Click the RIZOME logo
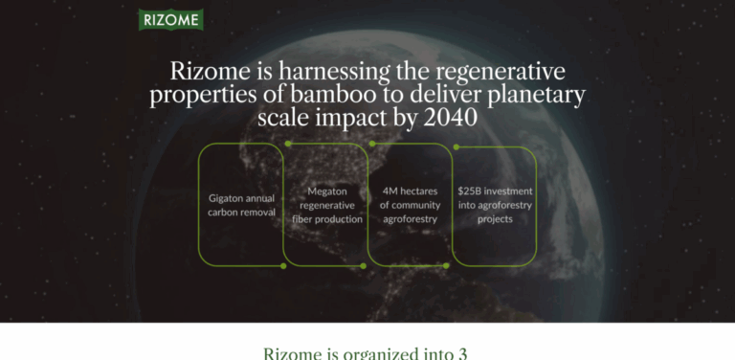point(169,19)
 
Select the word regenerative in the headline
point(501,72)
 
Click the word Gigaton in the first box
point(227,198)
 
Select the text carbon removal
point(241,212)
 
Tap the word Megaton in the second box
point(326,191)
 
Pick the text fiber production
point(327,219)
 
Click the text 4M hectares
point(409,191)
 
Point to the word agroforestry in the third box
point(409,219)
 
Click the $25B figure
point(471,191)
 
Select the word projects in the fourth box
point(495,219)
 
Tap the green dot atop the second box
point(287,145)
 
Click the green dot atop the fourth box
point(456,147)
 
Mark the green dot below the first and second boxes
point(283,265)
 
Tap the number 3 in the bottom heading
point(462,352)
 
